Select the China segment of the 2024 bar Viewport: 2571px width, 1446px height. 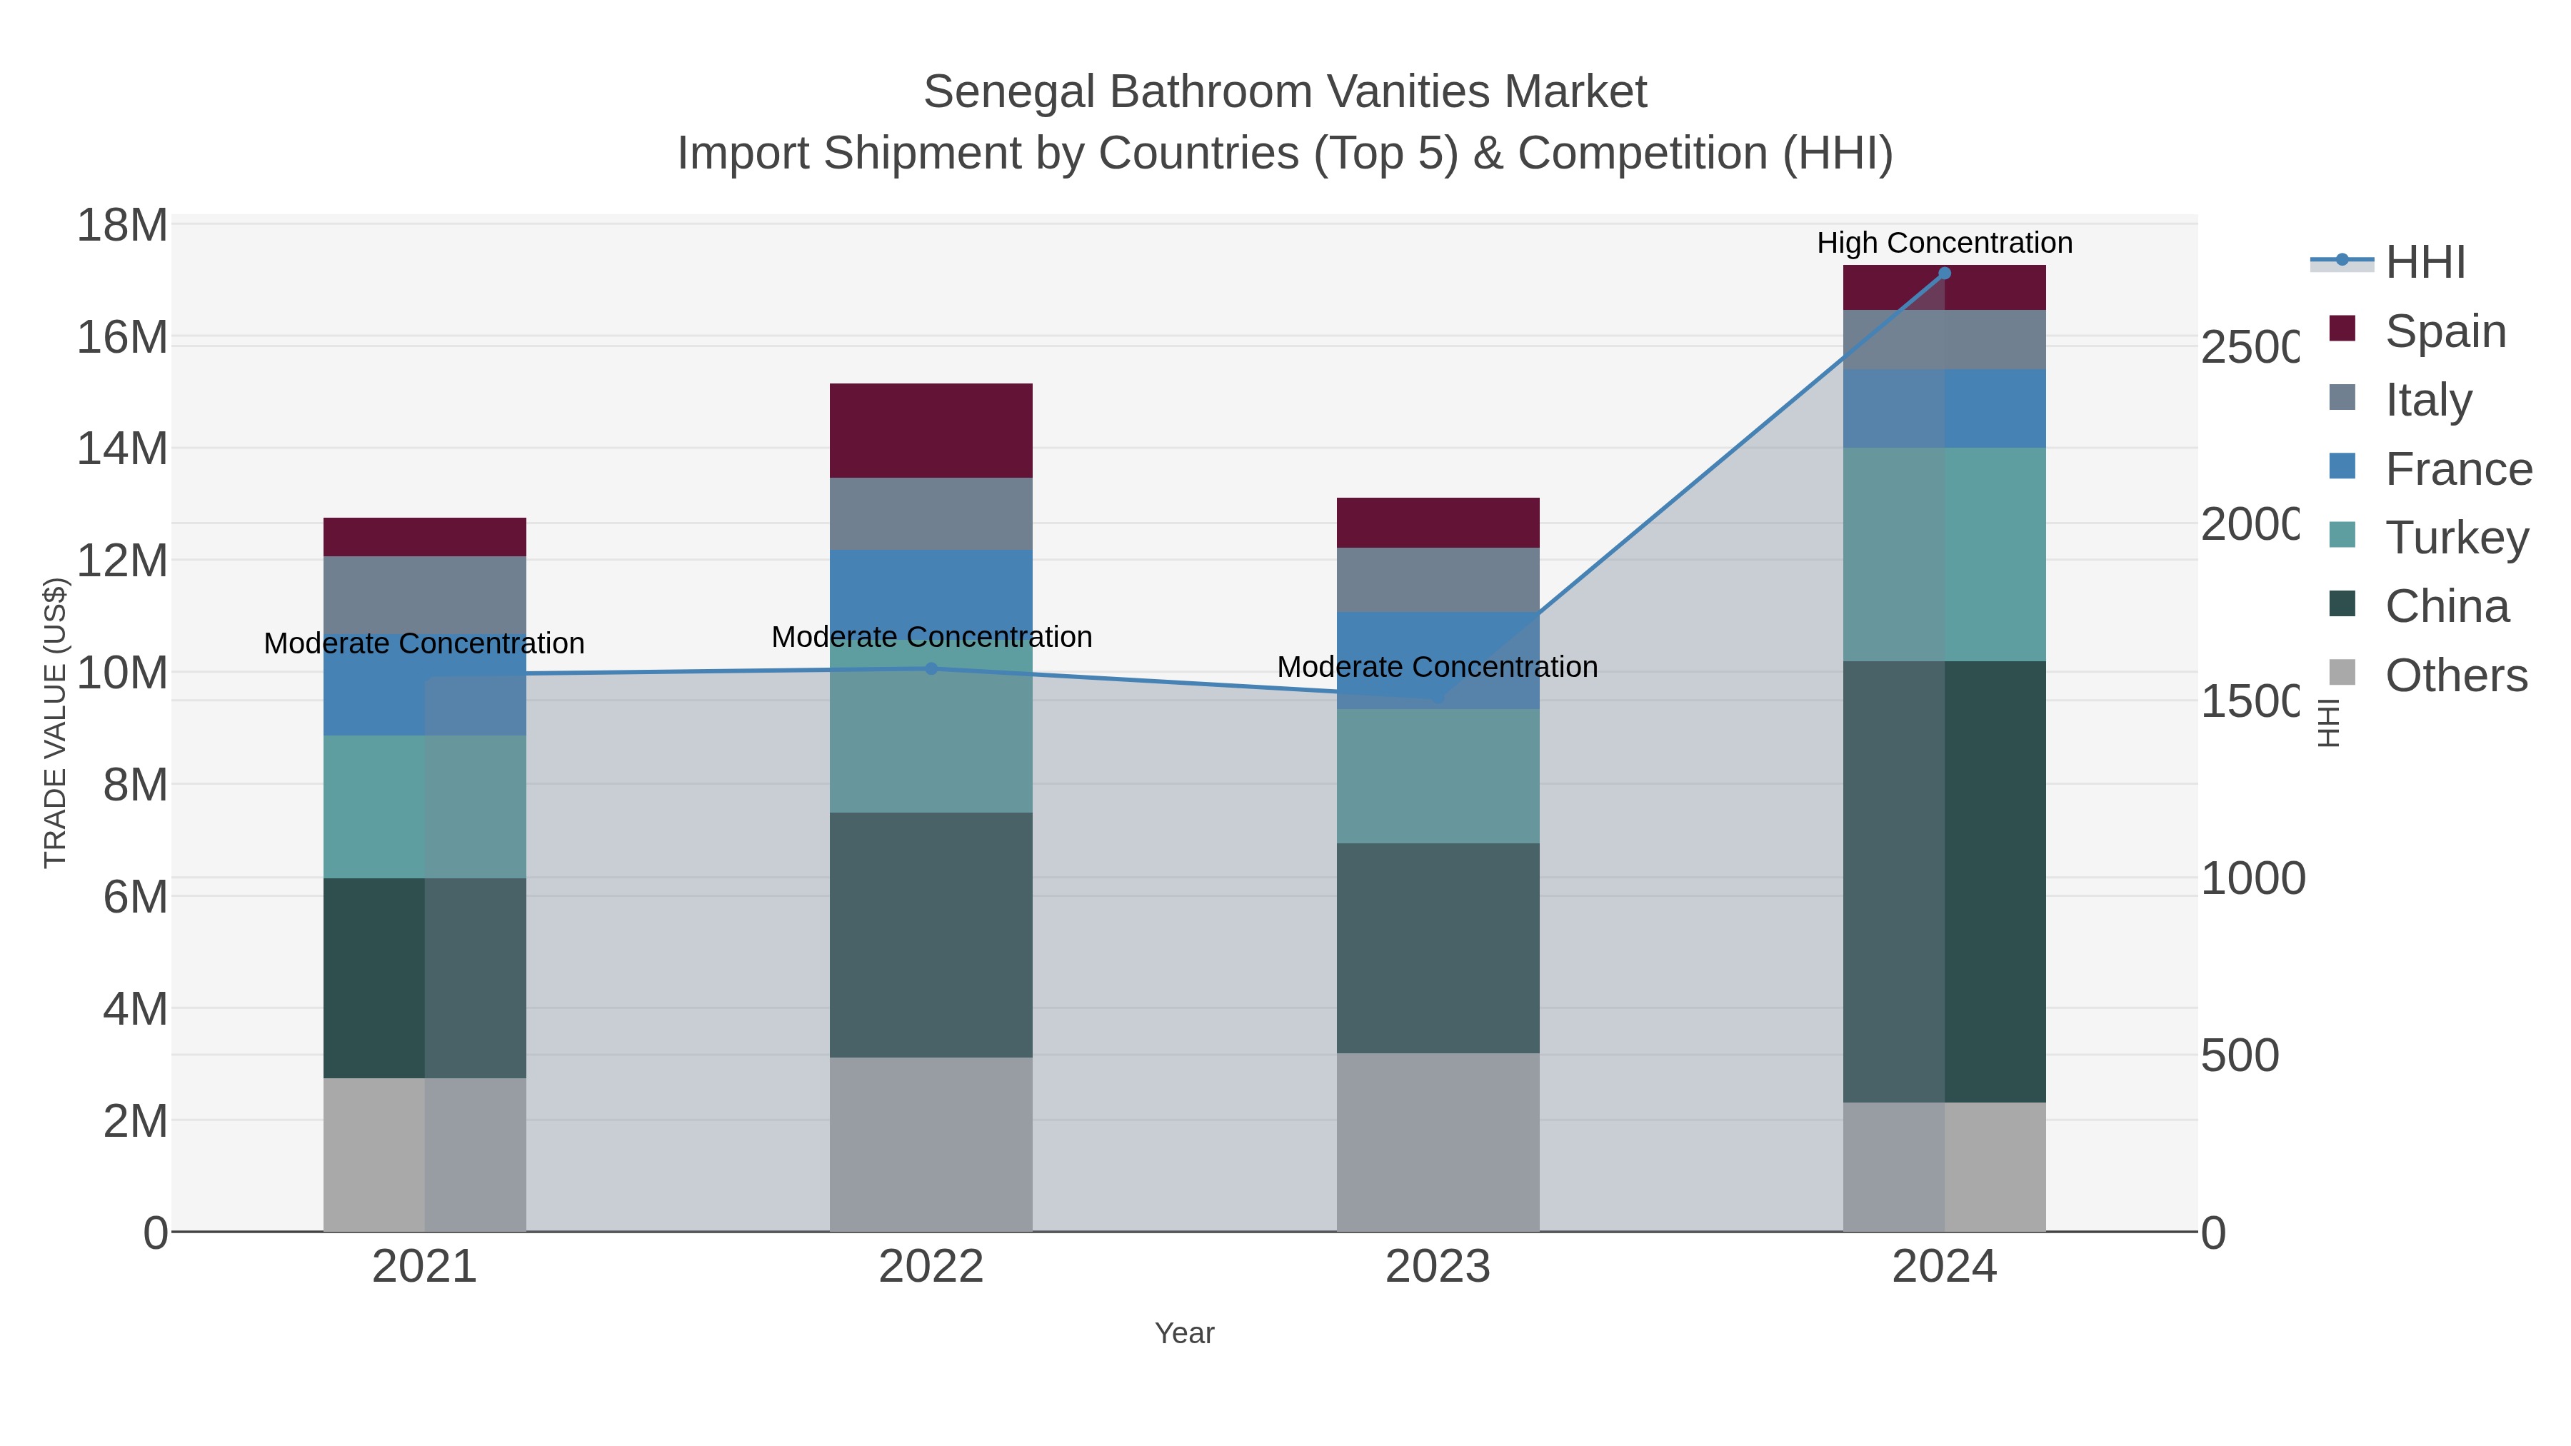pyautogui.click(x=1943, y=881)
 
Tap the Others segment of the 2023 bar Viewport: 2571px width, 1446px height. pyautogui.click(x=1437, y=1142)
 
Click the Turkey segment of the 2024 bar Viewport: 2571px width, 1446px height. pyautogui.click(x=1943, y=554)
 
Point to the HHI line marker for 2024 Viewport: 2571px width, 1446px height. pyautogui.click(x=1943, y=273)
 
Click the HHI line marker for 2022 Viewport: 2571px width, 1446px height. pyautogui.click(x=931, y=668)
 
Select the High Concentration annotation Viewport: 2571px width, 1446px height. pyautogui.click(x=1943, y=243)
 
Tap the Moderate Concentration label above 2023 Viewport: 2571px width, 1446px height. pyautogui.click(x=1436, y=667)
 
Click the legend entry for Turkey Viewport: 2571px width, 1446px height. pyautogui.click(x=2455, y=538)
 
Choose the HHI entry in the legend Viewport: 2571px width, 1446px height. pyautogui.click(x=2425, y=263)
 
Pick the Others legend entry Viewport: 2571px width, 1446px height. pyautogui.click(x=2455, y=676)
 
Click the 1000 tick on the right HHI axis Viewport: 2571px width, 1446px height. pyautogui.click(x=2252, y=879)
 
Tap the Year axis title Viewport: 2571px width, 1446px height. pyautogui.click(x=1183, y=1333)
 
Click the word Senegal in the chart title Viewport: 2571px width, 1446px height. pyautogui.click(x=1008, y=92)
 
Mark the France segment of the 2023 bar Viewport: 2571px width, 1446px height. pyautogui.click(x=1437, y=660)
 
